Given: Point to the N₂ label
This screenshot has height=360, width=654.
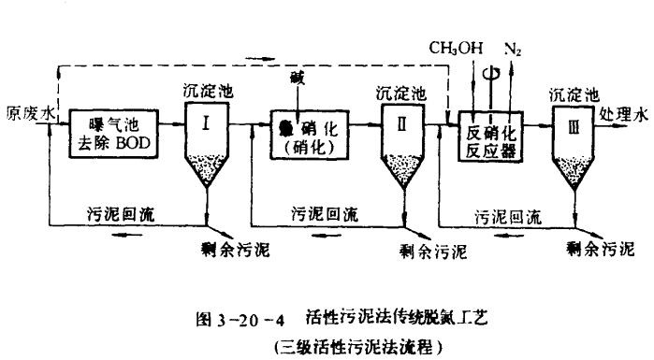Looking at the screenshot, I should pyautogui.click(x=513, y=48).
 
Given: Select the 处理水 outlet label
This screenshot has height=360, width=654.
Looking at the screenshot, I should pyautogui.click(x=621, y=116).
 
